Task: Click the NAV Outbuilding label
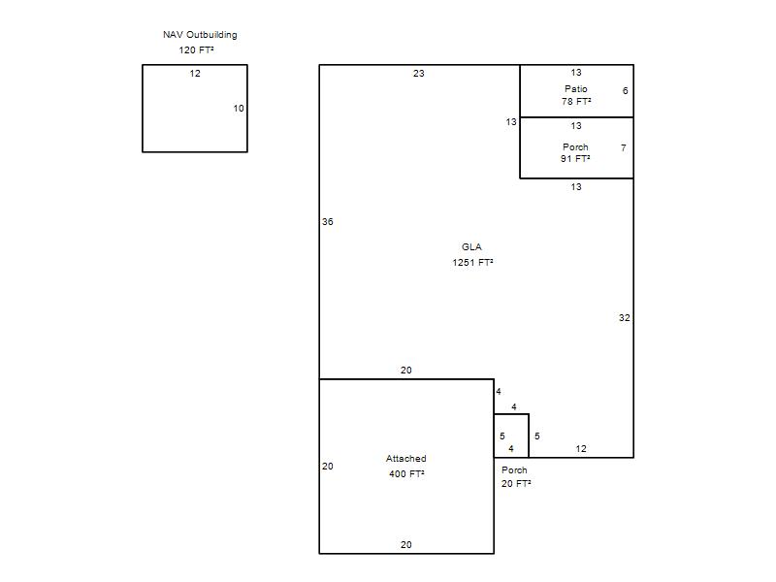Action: (x=200, y=35)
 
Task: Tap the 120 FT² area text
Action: (x=197, y=50)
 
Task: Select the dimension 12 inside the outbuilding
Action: (x=195, y=74)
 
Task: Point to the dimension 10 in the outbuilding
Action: (x=239, y=109)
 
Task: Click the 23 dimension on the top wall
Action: (x=419, y=74)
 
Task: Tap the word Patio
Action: (x=576, y=89)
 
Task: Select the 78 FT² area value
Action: (x=576, y=102)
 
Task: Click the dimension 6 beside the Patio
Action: (x=625, y=90)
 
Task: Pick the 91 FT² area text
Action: (x=575, y=159)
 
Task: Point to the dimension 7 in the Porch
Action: (x=624, y=147)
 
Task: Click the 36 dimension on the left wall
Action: (x=328, y=222)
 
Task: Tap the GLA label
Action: (x=471, y=247)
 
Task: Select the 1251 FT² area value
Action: (x=472, y=262)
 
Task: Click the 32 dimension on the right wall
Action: (x=625, y=318)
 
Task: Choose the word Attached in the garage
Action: (x=406, y=459)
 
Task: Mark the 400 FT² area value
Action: (x=406, y=474)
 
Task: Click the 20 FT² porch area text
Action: (x=516, y=483)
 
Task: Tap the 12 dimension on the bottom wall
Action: (x=581, y=449)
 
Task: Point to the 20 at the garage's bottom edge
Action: (x=406, y=545)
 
